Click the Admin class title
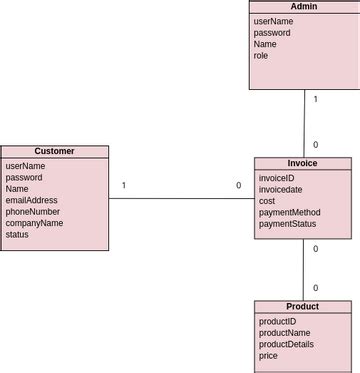tap(303, 7)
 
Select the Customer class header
tap(54, 151)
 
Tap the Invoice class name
tap(303, 163)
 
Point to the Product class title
tap(303, 307)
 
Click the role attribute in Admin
tap(261, 56)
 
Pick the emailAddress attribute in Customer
tap(32, 200)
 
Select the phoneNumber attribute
tap(31, 212)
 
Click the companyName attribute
tap(34, 223)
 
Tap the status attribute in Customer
tap(18, 235)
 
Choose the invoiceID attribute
tap(277, 177)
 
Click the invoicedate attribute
tap(281, 189)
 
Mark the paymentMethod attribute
tap(290, 212)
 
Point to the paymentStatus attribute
tap(288, 224)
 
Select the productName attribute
tap(285, 333)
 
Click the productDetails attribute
tap(286, 344)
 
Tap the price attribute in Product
tap(268, 356)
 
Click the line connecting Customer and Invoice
tap(180, 199)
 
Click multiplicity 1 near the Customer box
tap(123, 186)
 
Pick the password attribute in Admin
tap(272, 33)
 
